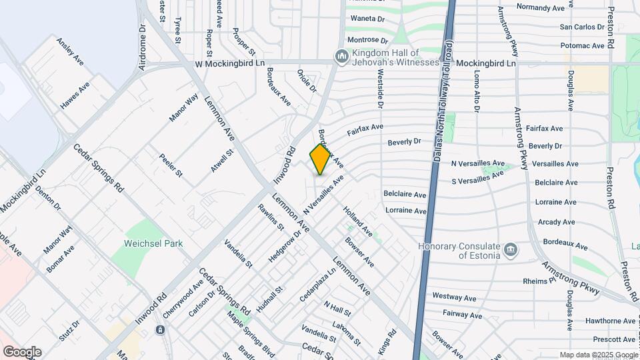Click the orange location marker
point(320,159)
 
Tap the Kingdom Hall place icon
point(342,57)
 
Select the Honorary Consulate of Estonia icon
point(511,250)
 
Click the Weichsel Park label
point(153,243)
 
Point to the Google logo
point(21,352)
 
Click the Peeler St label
point(170,165)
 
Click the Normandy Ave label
point(545,7)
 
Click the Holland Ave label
point(358,221)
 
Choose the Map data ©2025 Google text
point(598,355)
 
